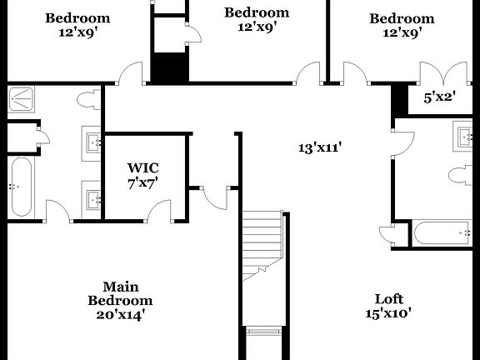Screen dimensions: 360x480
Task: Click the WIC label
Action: (x=142, y=167)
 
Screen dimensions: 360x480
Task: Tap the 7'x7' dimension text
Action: (x=142, y=182)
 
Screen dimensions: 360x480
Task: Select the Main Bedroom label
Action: (x=120, y=292)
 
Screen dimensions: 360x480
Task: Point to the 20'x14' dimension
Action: (x=120, y=315)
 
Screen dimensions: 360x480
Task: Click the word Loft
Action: (x=388, y=298)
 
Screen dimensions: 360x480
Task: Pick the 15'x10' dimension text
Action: (x=388, y=314)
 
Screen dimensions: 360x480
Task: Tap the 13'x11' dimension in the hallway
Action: (x=321, y=147)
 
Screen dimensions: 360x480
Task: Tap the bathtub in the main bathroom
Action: (x=20, y=186)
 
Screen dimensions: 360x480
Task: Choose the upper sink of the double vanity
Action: (x=92, y=142)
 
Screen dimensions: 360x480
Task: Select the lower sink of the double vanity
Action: (x=92, y=199)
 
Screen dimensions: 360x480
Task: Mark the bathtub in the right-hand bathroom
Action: (x=446, y=233)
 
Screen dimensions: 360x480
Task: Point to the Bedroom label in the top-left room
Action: (x=77, y=18)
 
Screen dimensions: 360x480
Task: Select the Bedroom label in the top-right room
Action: (x=402, y=18)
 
